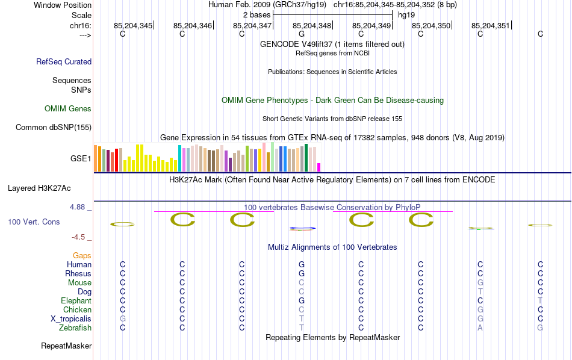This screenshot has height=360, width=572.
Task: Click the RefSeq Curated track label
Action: point(64,61)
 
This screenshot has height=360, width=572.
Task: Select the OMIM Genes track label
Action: point(68,109)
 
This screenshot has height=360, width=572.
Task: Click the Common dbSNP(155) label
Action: point(54,127)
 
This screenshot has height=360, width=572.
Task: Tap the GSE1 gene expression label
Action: point(81,159)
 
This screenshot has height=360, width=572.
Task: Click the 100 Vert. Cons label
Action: point(34,222)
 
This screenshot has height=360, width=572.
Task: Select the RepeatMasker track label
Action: point(66,346)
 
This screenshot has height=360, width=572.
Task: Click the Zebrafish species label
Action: point(75,328)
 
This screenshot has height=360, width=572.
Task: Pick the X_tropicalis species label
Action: point(71,319)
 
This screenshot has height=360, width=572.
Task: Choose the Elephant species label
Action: point(76,301)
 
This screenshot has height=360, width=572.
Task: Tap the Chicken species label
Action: point(78,310)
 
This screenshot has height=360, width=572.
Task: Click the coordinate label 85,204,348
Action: point(312,26)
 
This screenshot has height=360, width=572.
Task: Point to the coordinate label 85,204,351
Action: point(490,26)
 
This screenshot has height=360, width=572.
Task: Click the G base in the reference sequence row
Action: point(302,34)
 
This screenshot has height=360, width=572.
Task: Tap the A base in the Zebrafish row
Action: point(480,328)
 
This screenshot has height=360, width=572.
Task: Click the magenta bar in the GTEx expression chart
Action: point(319,167)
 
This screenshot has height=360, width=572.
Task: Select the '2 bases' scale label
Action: point(257,14)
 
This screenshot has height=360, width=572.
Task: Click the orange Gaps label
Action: point(82,256)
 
